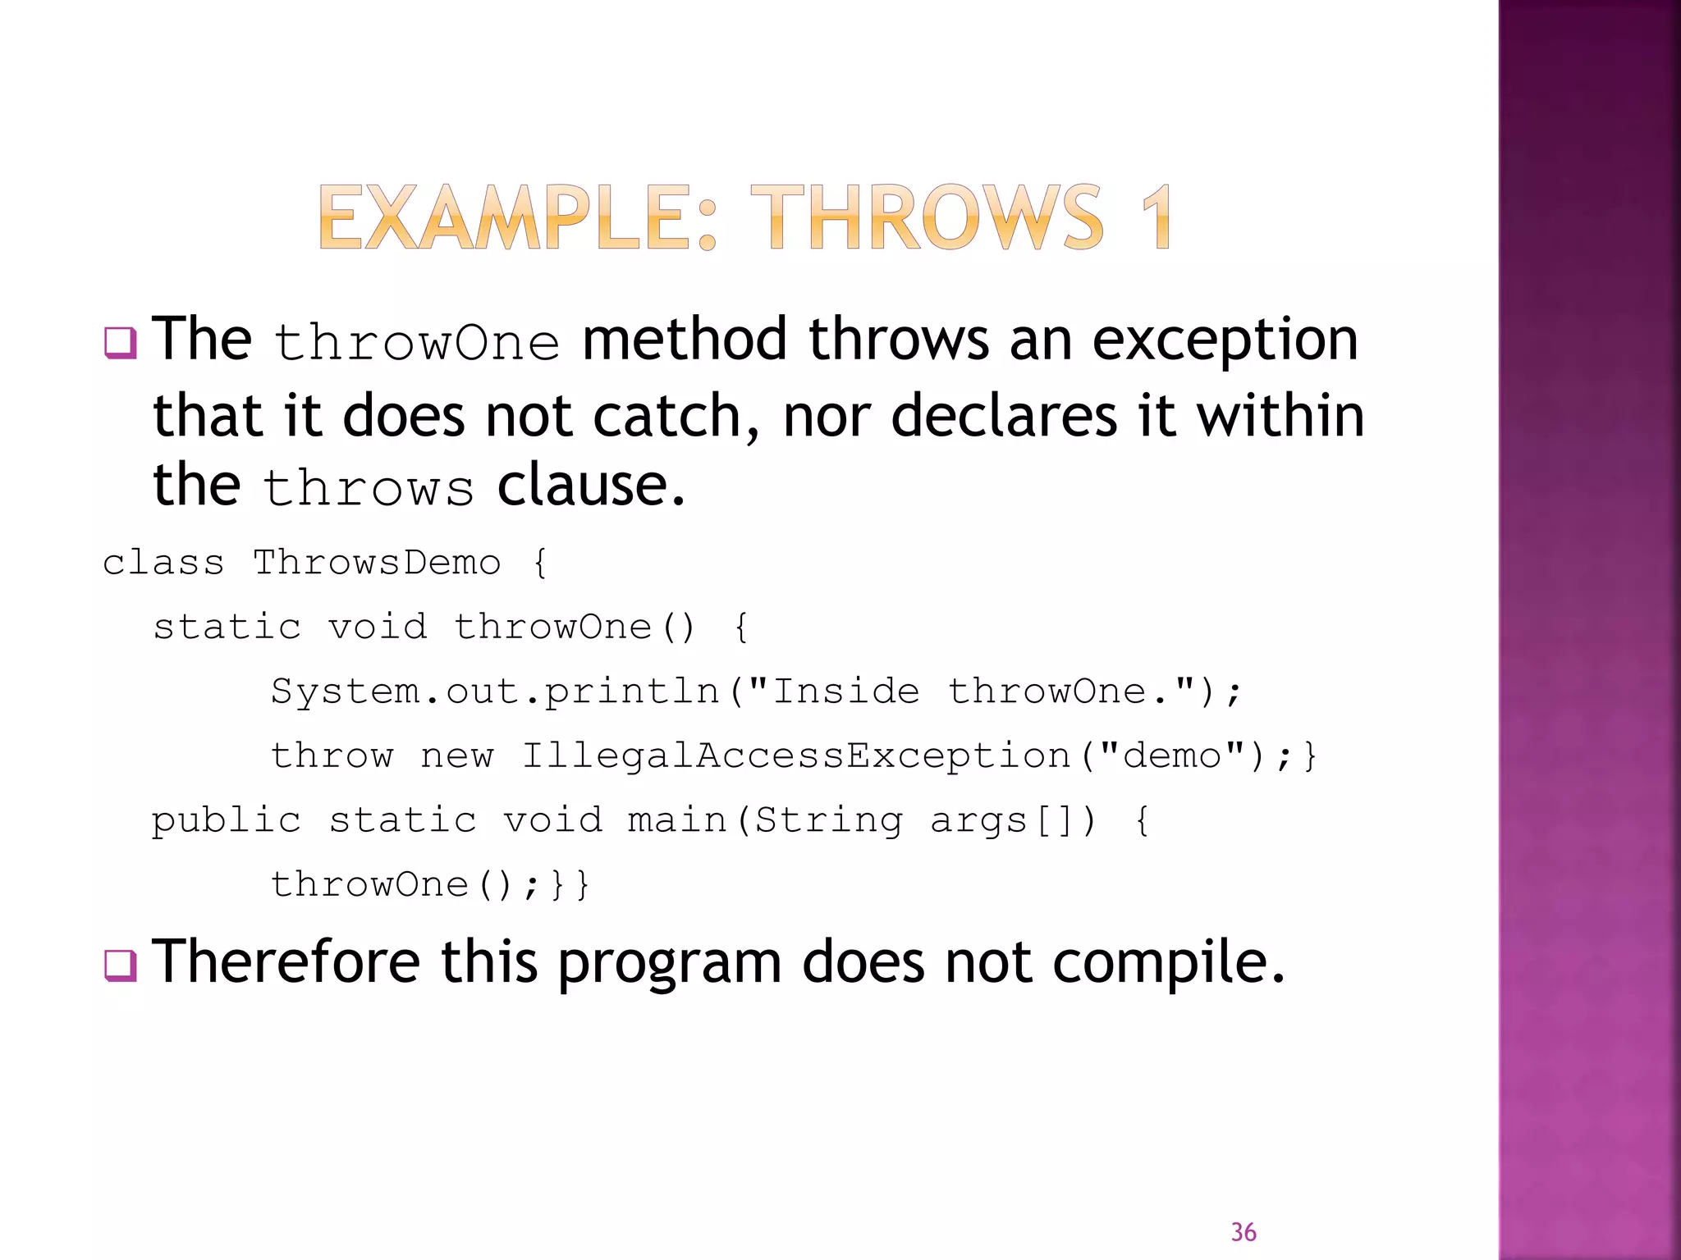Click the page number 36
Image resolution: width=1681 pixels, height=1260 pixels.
coord(1243,1232)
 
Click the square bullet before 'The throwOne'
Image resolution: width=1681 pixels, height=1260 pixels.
coord(120,342)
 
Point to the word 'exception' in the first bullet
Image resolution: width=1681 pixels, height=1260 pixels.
coord(1225,340)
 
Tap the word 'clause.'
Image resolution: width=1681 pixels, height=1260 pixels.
coord(591,486)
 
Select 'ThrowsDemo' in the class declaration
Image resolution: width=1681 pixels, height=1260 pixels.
coord(376,564)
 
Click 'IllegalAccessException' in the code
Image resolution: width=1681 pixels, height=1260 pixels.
coord(796,756)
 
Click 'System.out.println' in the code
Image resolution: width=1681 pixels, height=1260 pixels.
coord(495,692)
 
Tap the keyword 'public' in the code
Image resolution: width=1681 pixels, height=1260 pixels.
coord(227,820)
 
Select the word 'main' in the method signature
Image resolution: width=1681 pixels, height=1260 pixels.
coord(677,820)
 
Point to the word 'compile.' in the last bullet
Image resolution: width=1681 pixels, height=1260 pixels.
coord(1168,963)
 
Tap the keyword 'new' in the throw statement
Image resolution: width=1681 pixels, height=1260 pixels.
coord(457,756)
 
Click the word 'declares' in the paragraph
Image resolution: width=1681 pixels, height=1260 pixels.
coord(1004,416)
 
